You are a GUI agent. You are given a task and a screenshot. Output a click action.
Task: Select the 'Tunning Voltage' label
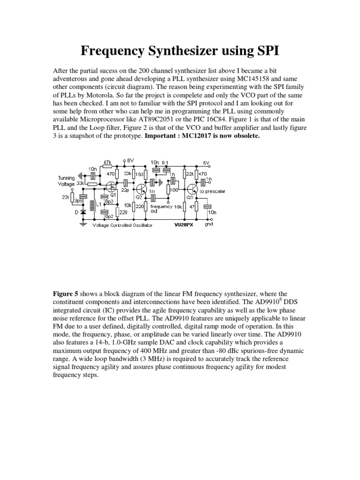click(66, 181)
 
